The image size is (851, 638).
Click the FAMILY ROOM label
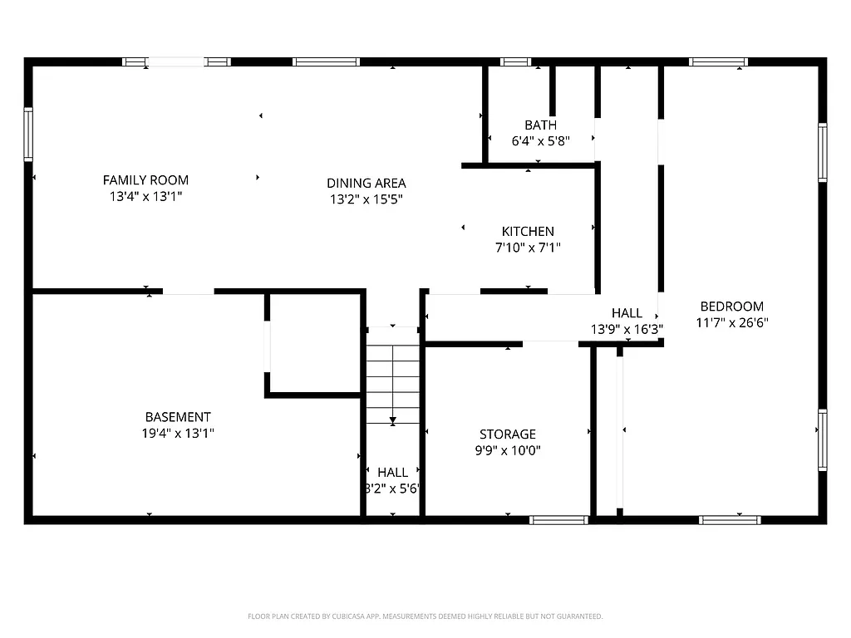[145, 179]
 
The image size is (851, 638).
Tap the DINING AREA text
[366, 183]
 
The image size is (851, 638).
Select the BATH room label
[540, 125]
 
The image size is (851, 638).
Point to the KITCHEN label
[528, 231]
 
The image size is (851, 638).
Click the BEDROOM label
[731, 306]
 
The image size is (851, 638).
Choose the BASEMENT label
[178, 417]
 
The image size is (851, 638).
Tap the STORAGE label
[508, 434]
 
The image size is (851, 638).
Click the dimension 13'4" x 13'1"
[145, 197]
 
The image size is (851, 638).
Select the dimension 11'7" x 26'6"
[731, 322]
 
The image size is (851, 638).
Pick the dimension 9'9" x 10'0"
[508, 451]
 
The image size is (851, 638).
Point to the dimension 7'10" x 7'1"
[528, 248]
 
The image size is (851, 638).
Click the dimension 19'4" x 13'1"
[178, 434]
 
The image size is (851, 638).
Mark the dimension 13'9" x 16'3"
[627, 329]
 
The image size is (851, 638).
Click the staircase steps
[393, 382]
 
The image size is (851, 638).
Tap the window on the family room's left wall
[28, 134]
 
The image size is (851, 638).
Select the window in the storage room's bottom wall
[559, 520]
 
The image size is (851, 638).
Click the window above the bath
[515, 61]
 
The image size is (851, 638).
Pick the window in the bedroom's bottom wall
[730, 520]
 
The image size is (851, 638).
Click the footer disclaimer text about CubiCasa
[425, 616]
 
